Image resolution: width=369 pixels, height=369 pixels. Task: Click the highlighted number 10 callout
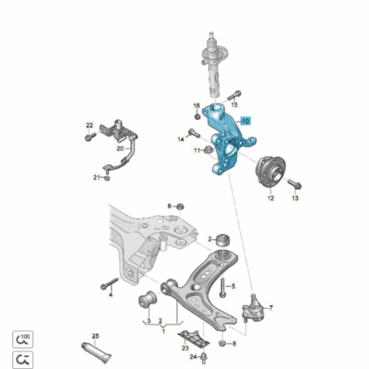[x=245, y=121]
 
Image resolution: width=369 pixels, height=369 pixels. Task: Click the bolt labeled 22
[x=90, y=137]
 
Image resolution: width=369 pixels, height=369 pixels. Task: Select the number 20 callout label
[x=119, y=148]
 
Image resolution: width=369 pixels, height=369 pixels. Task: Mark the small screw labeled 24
[x=208, y=354]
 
